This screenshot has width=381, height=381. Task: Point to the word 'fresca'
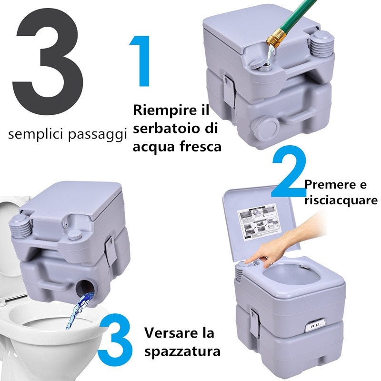coord(200,146)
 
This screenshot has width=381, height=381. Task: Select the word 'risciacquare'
coord(341,200)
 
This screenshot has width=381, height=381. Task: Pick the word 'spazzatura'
coord(183,352)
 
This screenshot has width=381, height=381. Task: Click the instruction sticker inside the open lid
coord(257,221)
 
